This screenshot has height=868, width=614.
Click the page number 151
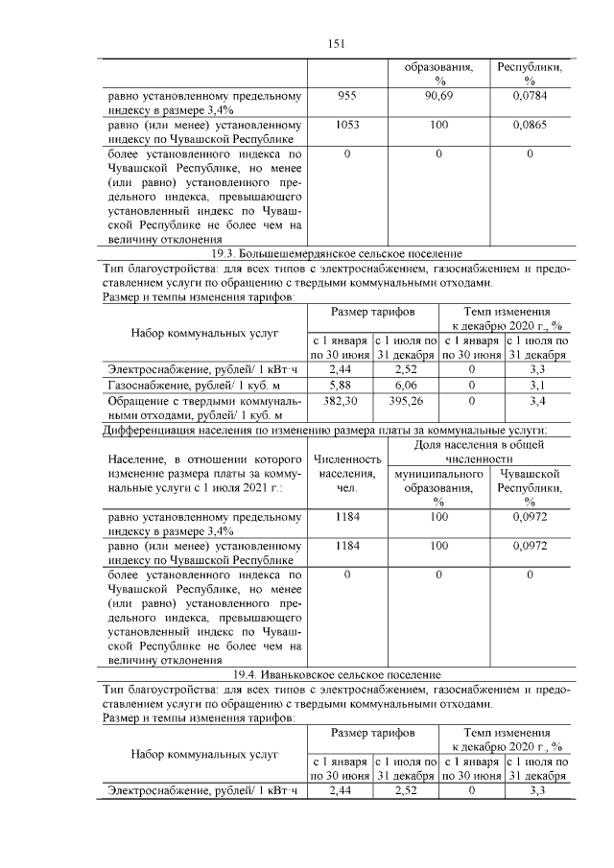tap(336, 43)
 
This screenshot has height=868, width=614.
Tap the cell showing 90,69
tap(438, 97)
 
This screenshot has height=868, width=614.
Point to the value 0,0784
tap(529, 97)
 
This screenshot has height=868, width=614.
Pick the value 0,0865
tap(529, 126)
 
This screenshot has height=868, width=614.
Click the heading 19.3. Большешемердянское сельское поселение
tap(336, 253)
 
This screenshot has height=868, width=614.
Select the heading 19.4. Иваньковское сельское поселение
tap(336, 675)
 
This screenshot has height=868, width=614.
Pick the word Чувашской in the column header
tap(529, 474)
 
